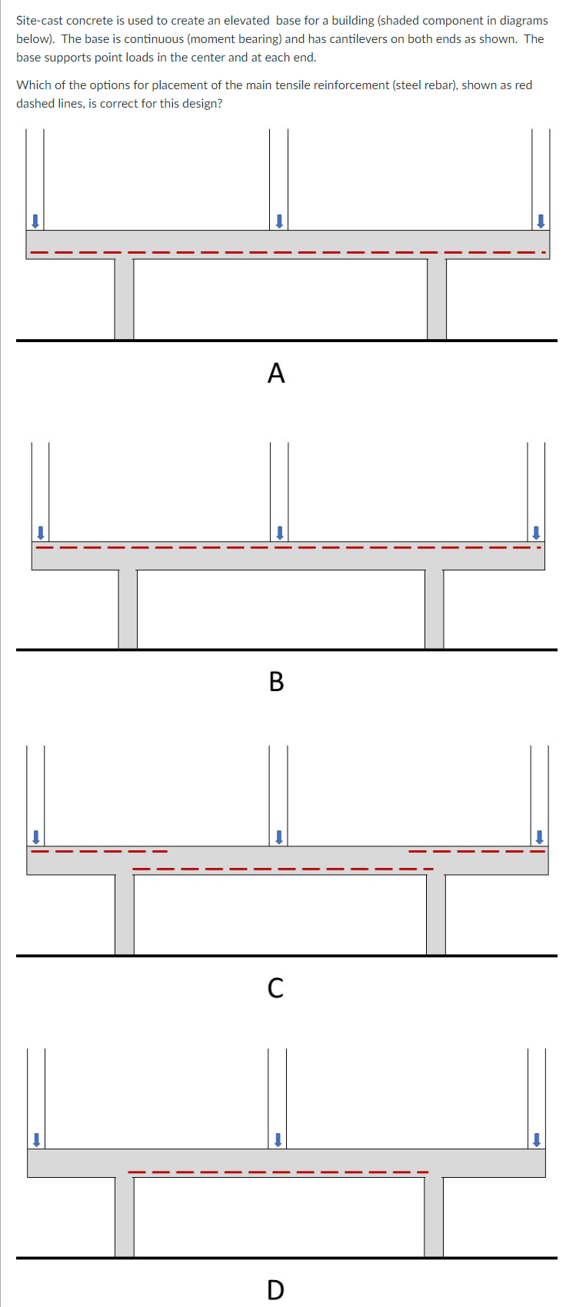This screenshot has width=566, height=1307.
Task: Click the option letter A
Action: [x=276, y=373]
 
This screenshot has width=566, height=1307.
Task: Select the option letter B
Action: [x=276, y=681]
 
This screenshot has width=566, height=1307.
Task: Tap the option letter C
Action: [x=275, y=987]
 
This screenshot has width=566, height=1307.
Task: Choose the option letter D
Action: [x=275, y=1289]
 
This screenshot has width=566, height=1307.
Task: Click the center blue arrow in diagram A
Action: [x=280, y=221]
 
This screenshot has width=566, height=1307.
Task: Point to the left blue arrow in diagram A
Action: [x=34, y=221]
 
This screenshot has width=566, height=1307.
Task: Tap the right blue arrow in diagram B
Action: [x=536, y=532]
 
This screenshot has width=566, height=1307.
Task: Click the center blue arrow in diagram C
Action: [x=280, y=836]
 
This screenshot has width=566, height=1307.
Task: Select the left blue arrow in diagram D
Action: [x=35, y=1139]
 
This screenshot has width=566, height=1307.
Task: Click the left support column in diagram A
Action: [x=124, y=300]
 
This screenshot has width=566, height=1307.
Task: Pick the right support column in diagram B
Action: [x=434, y=609]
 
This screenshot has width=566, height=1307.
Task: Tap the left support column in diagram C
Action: [x=124, y=915]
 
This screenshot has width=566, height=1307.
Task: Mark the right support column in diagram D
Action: [x=434, y=1217]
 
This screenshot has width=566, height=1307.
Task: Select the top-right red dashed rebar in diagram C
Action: [x=477, y=851]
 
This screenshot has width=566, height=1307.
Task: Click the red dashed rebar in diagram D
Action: [x=278, y=1172]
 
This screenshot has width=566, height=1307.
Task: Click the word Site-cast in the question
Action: [x=40, y=21]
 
